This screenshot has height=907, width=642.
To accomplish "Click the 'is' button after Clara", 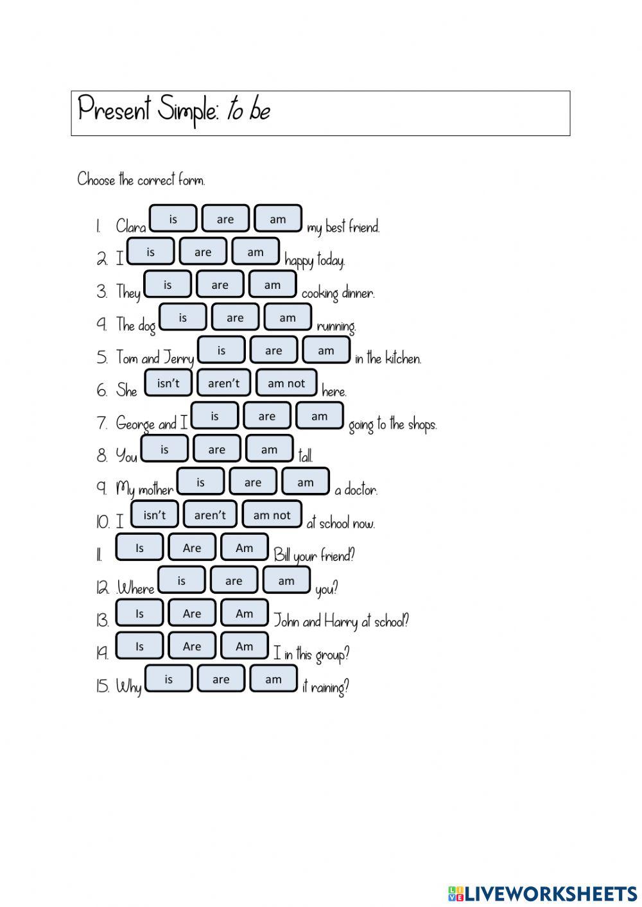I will pos(173,219).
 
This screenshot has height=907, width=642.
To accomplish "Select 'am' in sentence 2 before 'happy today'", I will pos(256,252).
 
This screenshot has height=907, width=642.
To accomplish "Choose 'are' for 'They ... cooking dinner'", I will pos(220,285).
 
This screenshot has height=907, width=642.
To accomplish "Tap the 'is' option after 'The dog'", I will pos(183,318).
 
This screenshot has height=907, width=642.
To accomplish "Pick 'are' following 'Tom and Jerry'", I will pos(273,350).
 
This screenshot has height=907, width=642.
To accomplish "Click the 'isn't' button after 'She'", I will pos(168,383).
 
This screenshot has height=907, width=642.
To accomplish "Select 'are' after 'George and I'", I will pos(267,416).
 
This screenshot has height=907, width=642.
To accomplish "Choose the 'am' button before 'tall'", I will pos(269,449).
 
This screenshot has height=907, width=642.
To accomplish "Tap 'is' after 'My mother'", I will pos(200,482).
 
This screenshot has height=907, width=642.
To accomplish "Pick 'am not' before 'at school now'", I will pos(272,515).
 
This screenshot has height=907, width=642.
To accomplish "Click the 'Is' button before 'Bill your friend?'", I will pos(139,548).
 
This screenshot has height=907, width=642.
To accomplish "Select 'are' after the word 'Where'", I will pos(234,581).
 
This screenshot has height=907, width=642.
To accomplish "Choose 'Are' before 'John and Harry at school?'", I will pos(192,614).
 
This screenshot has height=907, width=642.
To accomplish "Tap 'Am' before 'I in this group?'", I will pos(245,646).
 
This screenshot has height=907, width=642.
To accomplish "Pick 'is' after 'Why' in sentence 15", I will pos(169,679).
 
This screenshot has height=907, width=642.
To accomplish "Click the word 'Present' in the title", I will pos(114,109).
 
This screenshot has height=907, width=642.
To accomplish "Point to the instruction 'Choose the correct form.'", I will pos(141,180).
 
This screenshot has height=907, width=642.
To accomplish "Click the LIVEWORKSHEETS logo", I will pos(542,893).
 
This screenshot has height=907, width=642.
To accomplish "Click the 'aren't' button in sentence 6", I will pos(223,383).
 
